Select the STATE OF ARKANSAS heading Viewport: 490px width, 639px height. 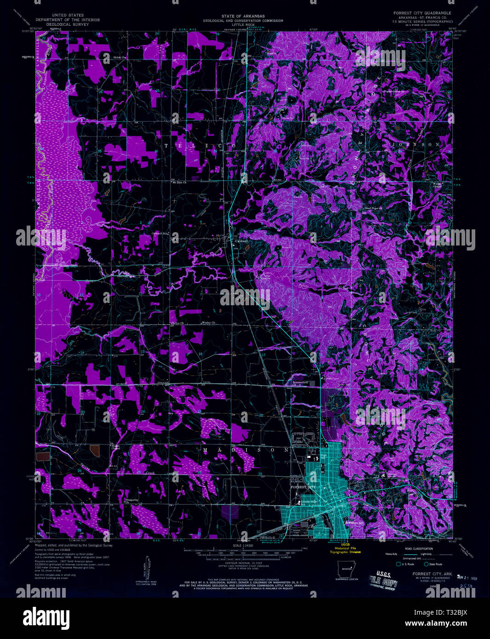(x=245, y=16)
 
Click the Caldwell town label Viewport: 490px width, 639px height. (x=241, y=241)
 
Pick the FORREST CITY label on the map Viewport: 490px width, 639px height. (x=303, y=487)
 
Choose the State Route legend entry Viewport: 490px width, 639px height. (x=435, y=564)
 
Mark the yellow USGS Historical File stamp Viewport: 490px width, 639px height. (x=348, y=548)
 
